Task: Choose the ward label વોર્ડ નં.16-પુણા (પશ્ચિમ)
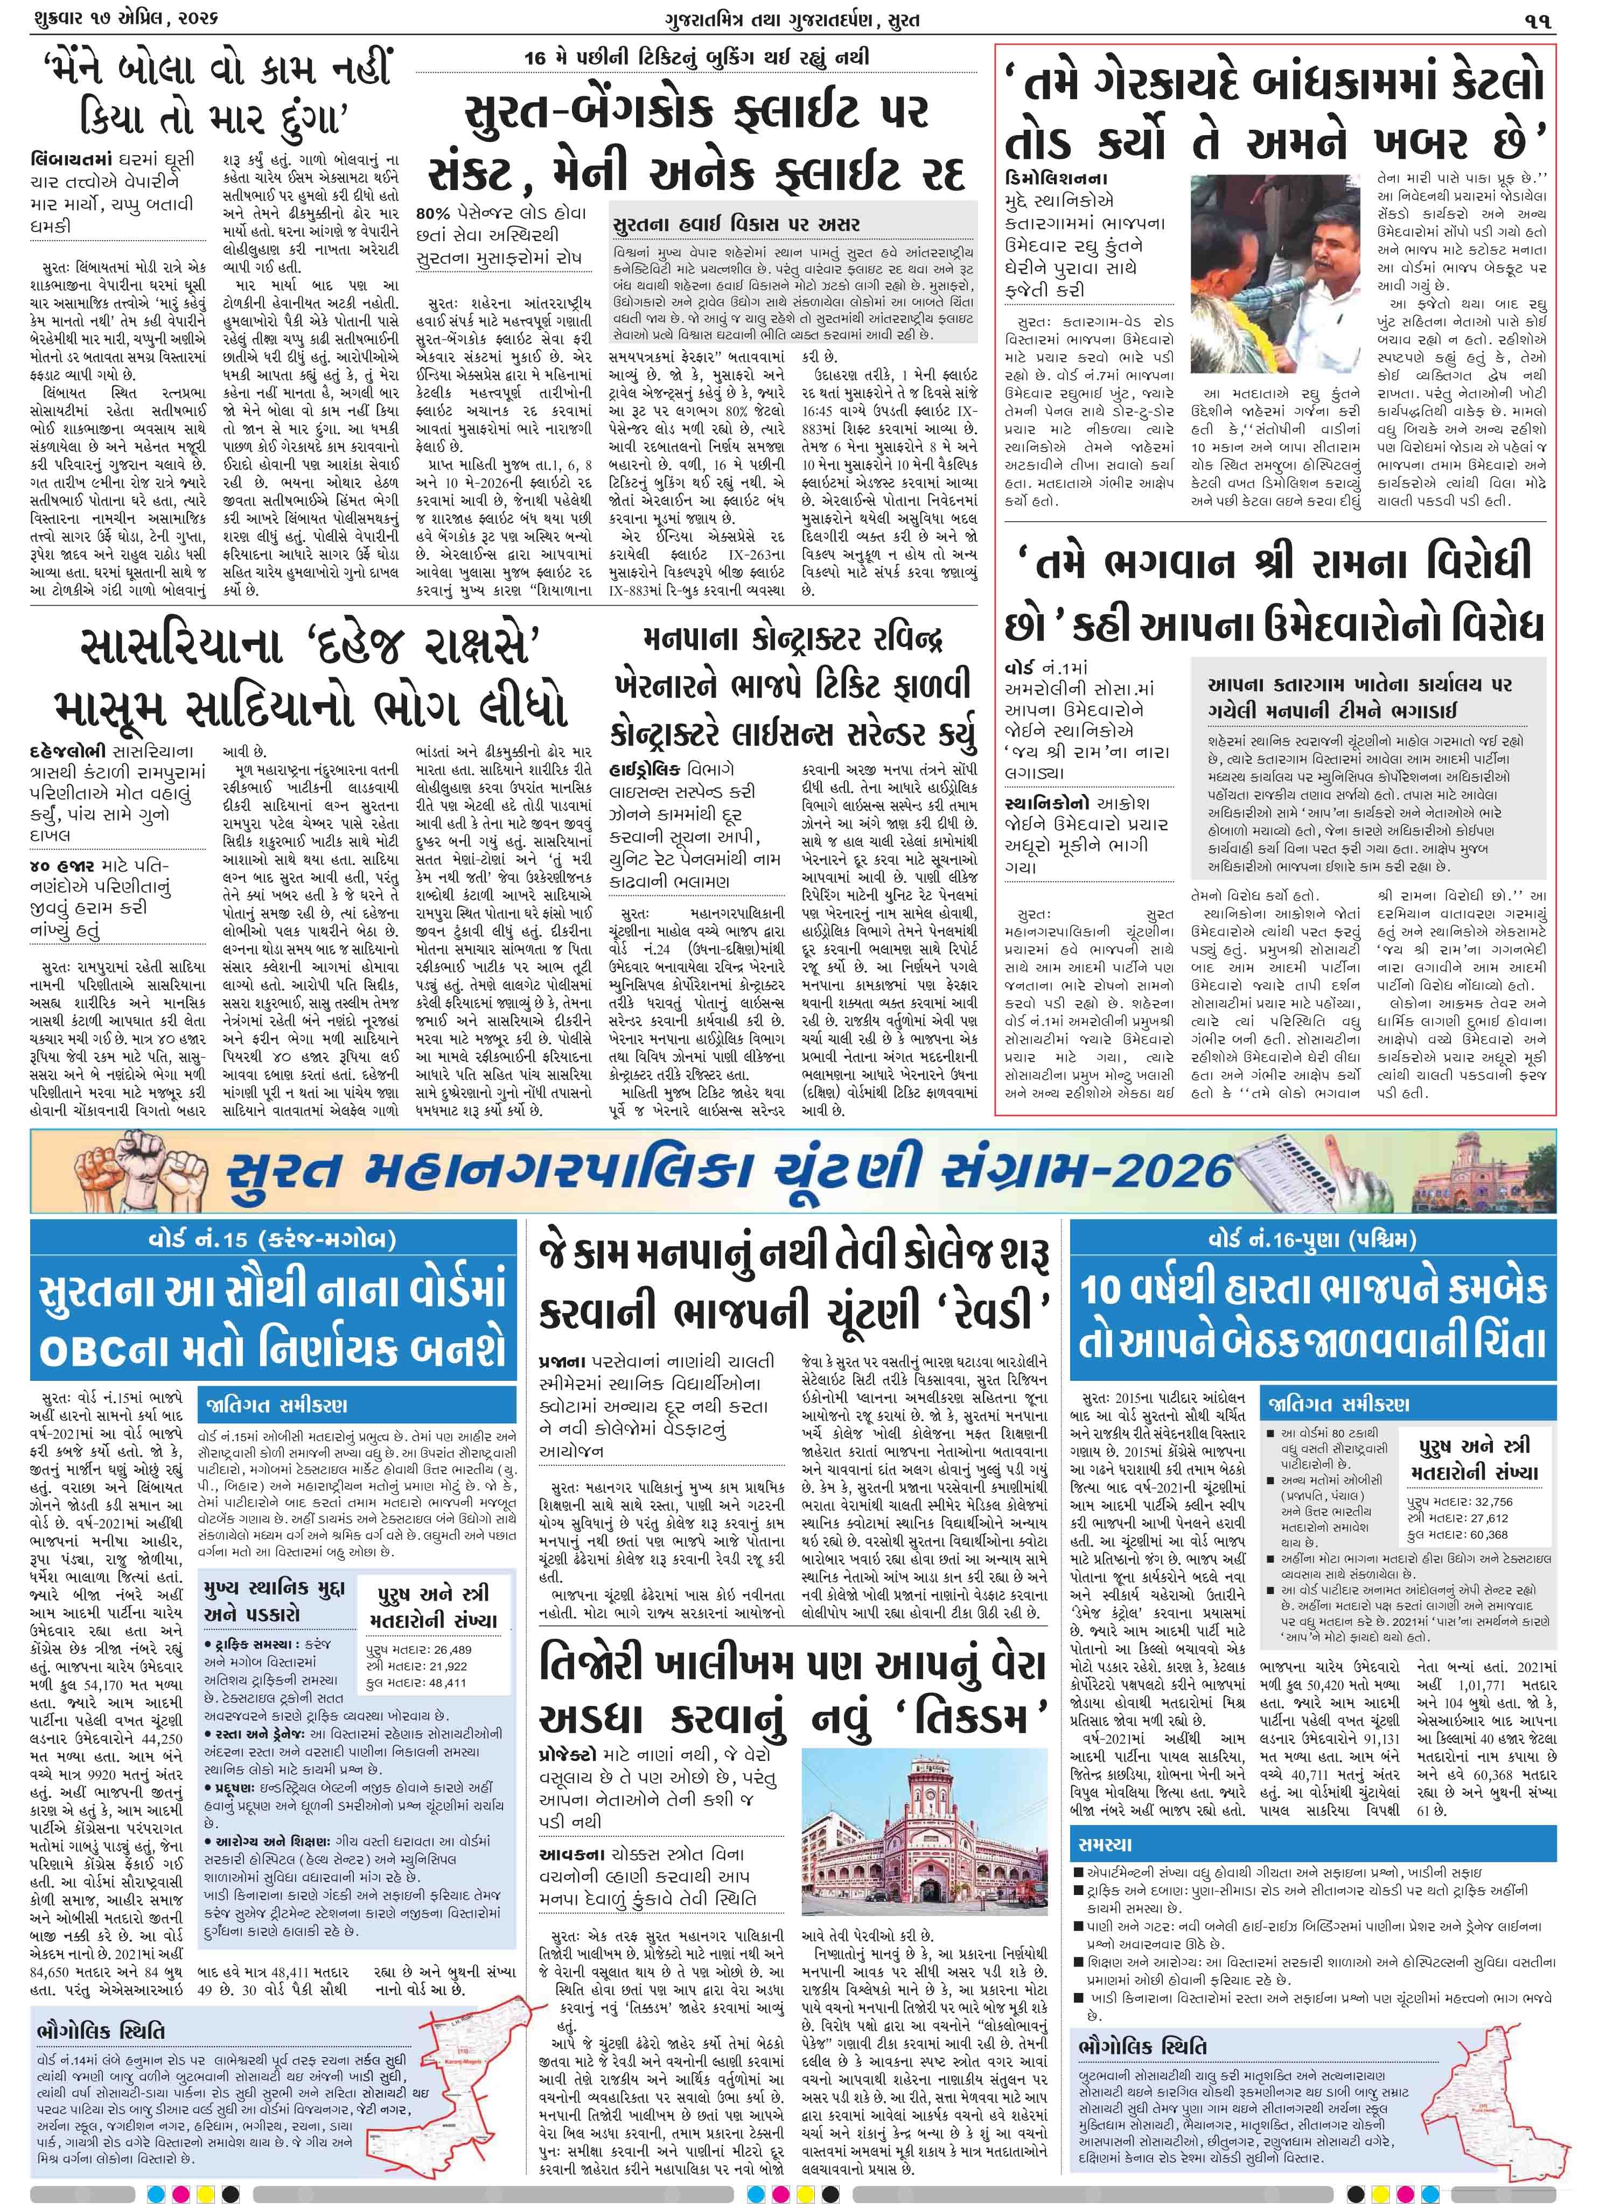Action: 1312,1239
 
